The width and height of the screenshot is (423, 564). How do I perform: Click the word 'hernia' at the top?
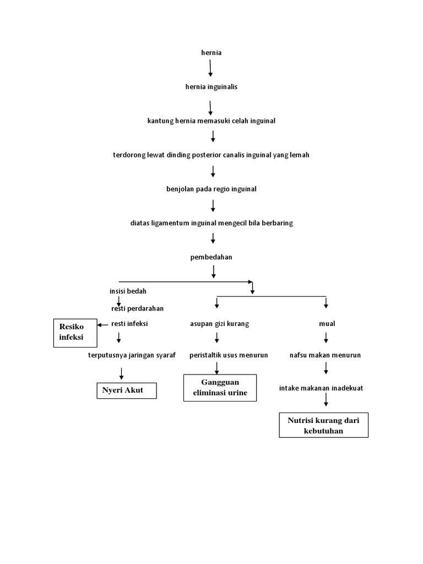coord(211,53)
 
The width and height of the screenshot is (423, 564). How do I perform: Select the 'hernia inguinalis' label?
coord(211,87)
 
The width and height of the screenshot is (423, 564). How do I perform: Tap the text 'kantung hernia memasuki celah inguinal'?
coord(211,121)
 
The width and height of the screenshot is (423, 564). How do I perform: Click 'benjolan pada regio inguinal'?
coord(211,189)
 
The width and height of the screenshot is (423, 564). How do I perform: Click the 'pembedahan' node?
coord(211,257)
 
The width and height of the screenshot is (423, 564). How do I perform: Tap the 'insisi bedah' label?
coord(128,291)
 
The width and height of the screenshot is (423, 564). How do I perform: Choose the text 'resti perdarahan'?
coord(137,308)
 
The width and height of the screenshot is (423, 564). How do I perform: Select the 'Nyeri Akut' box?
coord(127,391)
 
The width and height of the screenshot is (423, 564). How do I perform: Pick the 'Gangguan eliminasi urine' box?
coord(220,388)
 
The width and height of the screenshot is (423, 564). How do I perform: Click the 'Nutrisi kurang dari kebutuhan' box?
coord(323,425)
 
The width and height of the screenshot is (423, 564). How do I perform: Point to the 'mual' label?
coord(327,324)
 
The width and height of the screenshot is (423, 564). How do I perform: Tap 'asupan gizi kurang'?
coord(219,324)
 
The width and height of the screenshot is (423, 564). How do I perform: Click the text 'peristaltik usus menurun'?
coord(228,355)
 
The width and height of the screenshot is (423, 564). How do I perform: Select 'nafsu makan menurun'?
coord(325,355)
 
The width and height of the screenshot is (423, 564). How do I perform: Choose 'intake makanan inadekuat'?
coord(321,388)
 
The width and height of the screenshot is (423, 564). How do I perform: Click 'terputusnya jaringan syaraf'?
coord(132,355)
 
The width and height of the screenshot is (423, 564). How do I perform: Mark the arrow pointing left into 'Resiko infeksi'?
coord(102,324)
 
